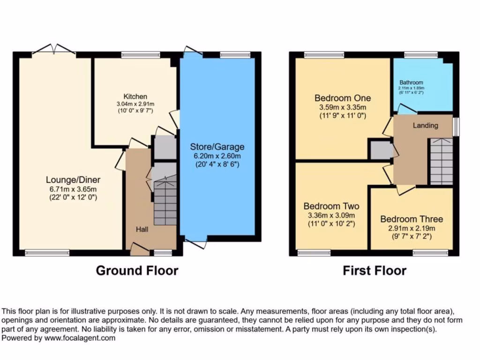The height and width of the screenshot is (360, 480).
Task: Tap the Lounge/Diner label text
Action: pyautogui.click(x=73, y=180)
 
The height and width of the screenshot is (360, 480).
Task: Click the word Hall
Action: pyautogui.click(x=142, y=229)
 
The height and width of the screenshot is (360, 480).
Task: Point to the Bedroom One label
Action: pyautogui.click(x=342, y=98)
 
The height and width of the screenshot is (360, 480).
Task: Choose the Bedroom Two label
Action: pyautogui.click(x=331, y=206)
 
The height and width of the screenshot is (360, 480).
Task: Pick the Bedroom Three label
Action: pyautogui.click(x=411, y=219)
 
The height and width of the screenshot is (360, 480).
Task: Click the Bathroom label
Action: pyautogui.click(x=411, y=82)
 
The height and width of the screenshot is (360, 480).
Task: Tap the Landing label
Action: pyautogui.click(x=425, y=126)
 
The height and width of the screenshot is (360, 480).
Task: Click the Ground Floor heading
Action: pyautogui.click(x=137, y=270)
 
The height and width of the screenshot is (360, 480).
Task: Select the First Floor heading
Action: pyautogui.click(x=374, y=270)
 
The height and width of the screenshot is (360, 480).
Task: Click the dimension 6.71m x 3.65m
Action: pyautogui.click(x=73, y=188)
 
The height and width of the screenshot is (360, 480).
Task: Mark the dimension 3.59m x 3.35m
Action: pyautogui.click(x=342, y=107)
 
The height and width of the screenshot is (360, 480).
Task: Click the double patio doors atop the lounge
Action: pyautogui.click(x=55, y=49)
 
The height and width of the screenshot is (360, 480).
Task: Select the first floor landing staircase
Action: pyautogui.click(x=441, y=162)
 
